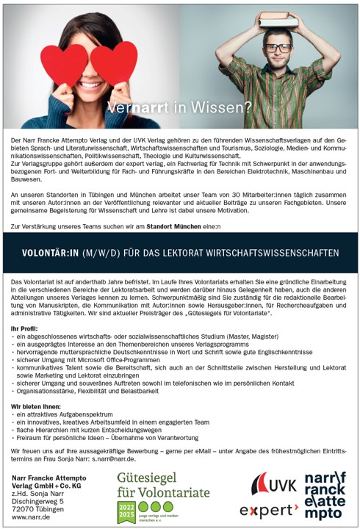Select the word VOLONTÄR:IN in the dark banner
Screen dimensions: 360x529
pyautogui.click(x=49, y=253)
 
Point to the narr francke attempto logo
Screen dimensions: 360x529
pyautogui.click(x=326, y=495)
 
